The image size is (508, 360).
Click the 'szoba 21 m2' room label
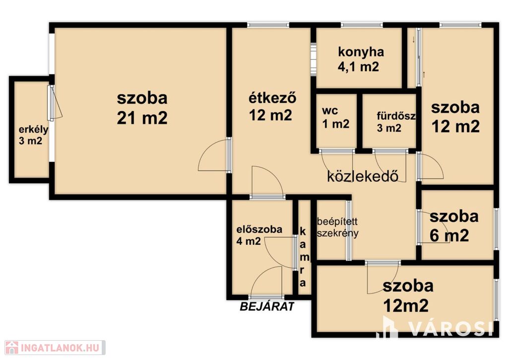click(x=142, y=108)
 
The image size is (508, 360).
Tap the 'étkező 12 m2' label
click(x=272, y=106)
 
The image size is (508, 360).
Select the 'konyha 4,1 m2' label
click(x=361, y=59)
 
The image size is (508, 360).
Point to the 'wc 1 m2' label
click(x=335, y=117)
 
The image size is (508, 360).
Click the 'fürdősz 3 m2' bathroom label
click(x=396, y=122)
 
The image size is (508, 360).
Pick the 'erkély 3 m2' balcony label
click(x=33, y=135)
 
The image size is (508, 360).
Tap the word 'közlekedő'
click(x=363, y=176)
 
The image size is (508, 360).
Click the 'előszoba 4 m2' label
click(x=259, y=235)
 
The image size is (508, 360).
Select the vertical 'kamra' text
click(x=303, y=257)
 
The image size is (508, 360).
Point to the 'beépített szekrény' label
click(x=337, y=227)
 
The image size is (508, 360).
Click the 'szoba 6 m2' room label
click(x=453, y=226)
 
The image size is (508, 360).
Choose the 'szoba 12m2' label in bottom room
click(x=407, y=295)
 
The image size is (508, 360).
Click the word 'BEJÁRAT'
click(x=267, y=306)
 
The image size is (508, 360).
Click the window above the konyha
click(x=362, y=25)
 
